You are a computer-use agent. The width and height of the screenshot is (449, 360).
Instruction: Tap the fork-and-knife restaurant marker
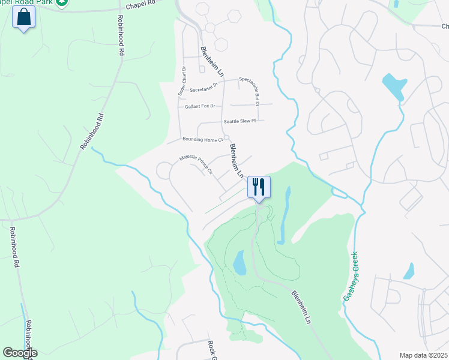pos(259,187)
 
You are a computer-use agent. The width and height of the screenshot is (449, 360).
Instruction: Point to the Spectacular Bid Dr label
pos(248,91)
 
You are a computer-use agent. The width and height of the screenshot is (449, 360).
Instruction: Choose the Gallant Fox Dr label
pos(199,106)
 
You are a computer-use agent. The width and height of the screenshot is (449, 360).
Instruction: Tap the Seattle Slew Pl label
pos(240,121)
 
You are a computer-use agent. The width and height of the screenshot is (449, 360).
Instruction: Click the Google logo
pos(20,353)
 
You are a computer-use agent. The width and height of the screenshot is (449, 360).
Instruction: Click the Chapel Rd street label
pos(141,2)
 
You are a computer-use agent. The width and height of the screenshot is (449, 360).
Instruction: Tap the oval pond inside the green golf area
pos(239,263)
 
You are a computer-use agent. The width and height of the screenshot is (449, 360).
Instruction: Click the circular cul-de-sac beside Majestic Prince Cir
pos(163,171)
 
